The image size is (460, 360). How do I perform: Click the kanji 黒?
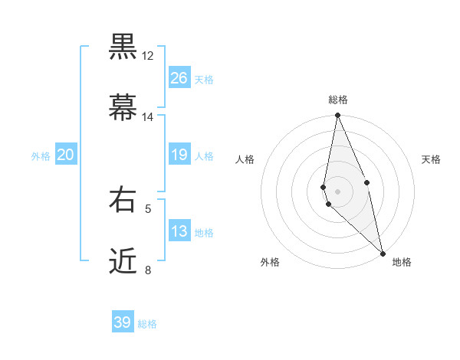coord(123,47)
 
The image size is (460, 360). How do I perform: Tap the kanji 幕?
coord(123,108)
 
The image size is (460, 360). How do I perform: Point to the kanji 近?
coord(123,261)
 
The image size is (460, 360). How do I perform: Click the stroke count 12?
coord(148,56)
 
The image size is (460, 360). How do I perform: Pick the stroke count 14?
coord(148,117)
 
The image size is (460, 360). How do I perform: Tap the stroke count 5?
coord(148,208)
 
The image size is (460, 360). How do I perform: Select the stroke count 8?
coord(148,270)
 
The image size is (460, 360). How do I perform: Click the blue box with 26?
coord(179,78)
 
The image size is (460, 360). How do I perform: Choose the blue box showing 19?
coord(179,155)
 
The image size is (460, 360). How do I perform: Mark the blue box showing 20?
coord(65,155)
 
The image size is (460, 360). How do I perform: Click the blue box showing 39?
coord(123,322)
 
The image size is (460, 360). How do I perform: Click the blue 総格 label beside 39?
coord(147,324)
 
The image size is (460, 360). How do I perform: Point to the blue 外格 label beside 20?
coord(41,156)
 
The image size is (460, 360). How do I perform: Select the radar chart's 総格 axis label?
coord(338,100)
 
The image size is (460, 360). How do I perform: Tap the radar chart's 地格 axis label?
coord(402,263)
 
